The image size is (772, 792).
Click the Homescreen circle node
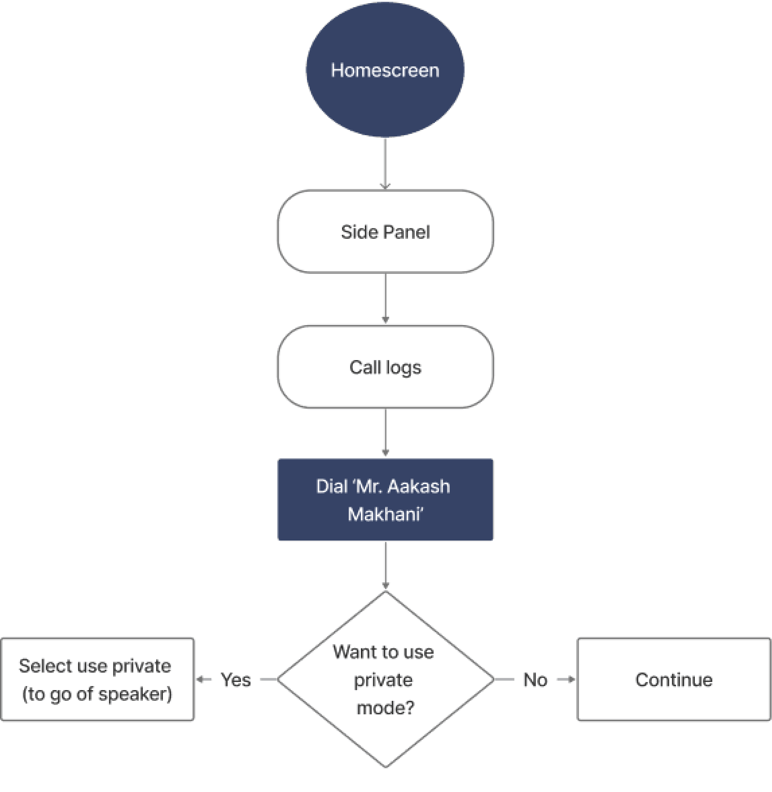pyautogui.click(x=385, y=70)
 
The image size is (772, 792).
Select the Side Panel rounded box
pyautogui.click(x=385, y=232)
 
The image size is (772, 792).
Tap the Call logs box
pyautogui.click(x=385, y=367)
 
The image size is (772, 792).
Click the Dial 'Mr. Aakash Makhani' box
pyautogui.click(x=385, y=500)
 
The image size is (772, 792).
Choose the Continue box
pyautogui.click(x=673, y=680)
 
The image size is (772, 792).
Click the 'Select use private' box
pyautogui.click(x=97, y=680)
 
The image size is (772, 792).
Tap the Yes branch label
pyautogui.click(x=236, y=680)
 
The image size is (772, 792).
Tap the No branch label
pyautogui.click(x=535, y=680)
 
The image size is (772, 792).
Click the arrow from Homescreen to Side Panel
pyautogui.click(x=385, y=163)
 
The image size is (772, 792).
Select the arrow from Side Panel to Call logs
pyautogui.click(x=385, y=299)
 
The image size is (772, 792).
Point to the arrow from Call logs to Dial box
pyautogui.click(x=385, y=433)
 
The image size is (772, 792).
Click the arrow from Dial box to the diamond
pyautogui.click(x=385, y=565)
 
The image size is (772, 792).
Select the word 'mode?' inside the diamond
pyautogui.click(x=385, y=708)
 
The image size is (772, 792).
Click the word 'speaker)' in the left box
pyautogui.click(x=135, y=694)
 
